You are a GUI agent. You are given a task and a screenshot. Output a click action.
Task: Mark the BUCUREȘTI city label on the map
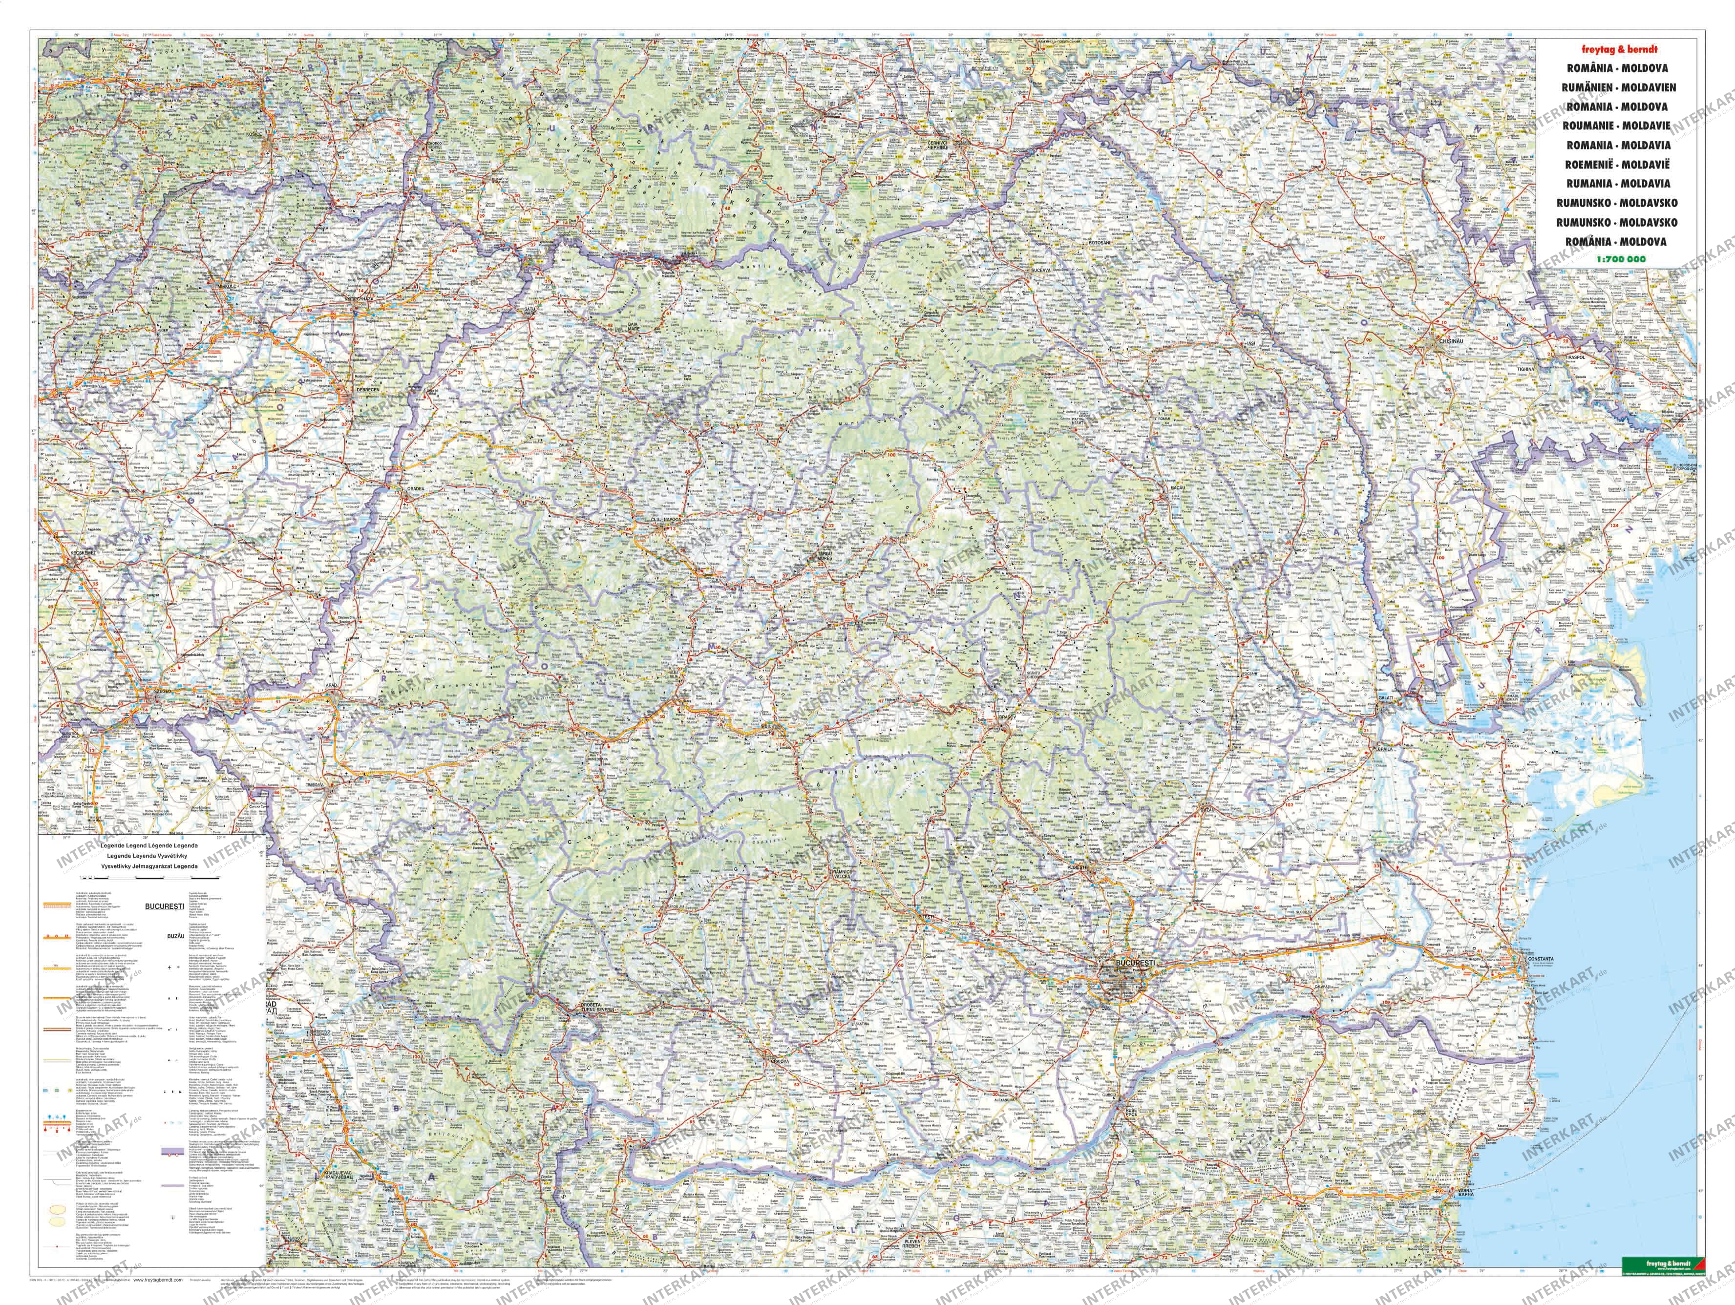[1122, 983]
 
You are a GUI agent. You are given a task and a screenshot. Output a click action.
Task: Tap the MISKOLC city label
[223, 285]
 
